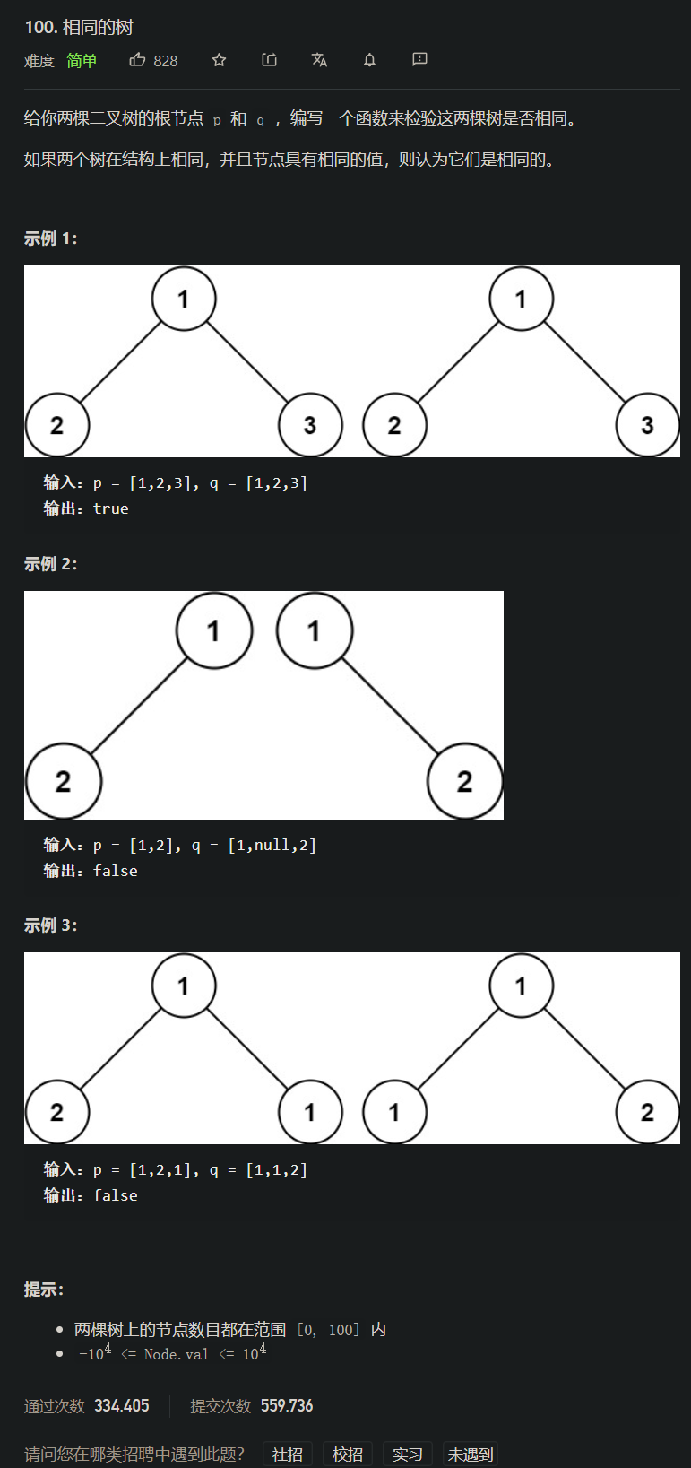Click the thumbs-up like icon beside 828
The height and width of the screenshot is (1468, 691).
point(137,60)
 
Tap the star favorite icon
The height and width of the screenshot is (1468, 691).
point(219,60)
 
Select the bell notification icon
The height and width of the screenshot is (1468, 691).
point(369,60)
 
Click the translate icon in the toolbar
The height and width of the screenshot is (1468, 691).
point(319,60)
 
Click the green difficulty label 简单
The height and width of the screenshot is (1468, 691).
point(82,61)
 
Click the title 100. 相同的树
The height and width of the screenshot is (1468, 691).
point(79,27)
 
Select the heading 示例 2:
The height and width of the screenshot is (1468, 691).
point(50,564)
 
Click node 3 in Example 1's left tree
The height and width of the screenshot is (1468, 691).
point(310,425)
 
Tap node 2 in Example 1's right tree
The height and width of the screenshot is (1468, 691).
point(394,425)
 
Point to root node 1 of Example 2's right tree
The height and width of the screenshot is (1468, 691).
point(314,630)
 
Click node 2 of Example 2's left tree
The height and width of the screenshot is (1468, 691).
point(63,781)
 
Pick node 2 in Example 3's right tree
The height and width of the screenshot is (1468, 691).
point(647,1112)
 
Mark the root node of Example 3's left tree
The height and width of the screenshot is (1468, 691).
point(184,986)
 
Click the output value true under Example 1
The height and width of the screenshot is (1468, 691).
point(111,508)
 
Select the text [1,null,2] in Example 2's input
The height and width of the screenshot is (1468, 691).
point(272,845)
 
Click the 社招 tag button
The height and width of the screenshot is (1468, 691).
point(287,1454)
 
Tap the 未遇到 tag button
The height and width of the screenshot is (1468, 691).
point(470,1454)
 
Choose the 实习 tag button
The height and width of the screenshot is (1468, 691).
point(407,1454)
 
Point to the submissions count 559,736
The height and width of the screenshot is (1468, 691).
point(287,1405)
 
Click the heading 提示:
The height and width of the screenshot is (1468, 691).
point(43,1290)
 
